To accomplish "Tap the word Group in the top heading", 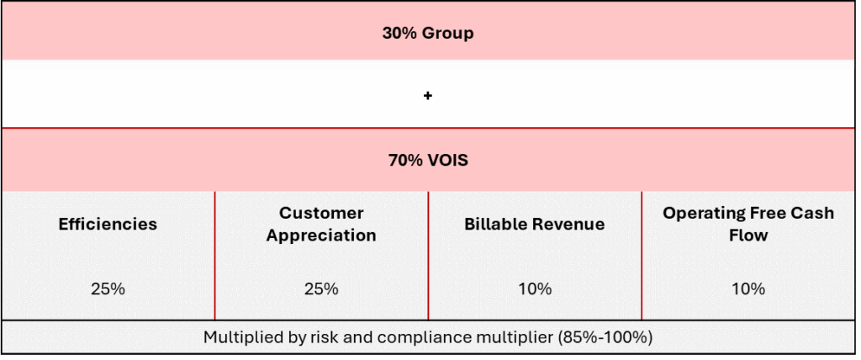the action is [x=447, y=34].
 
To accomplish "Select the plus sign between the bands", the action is [x=428, y=96].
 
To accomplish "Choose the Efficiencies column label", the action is [x=108, y=225].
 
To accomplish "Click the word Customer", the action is [x=321, y=213].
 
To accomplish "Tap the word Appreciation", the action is [x=321, y=236].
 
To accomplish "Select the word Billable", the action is [x=492, y=225].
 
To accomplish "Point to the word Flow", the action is [x=747, y=236].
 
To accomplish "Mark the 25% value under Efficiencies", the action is [x=108, y=289].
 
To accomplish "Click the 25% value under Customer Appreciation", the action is [x=321, y=289].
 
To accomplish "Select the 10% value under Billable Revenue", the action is [x=535, y=289].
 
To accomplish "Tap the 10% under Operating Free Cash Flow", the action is [x=747, y=289].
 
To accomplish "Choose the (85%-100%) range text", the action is [x=605, y=337].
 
